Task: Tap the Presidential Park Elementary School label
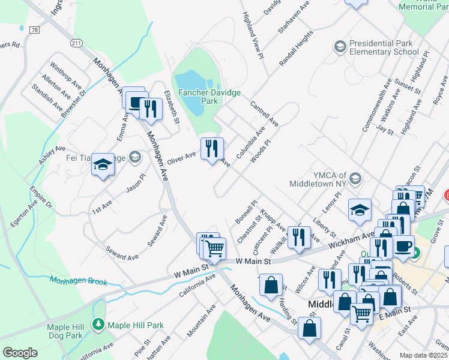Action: pyautogui.click(x=384, y=47)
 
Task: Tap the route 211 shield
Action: pyautogui.click(x=76, y=43)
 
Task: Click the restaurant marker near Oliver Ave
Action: pyautogui.click(x=211, y=149)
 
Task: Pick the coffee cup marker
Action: pyautogui.click(x=403, y=245)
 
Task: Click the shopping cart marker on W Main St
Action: pyautogui.click(x=214, y=248)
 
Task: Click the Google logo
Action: pyautogui.click(x=20, y=352)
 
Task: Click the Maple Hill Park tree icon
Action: pyautogui.click(x=97, y=325)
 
